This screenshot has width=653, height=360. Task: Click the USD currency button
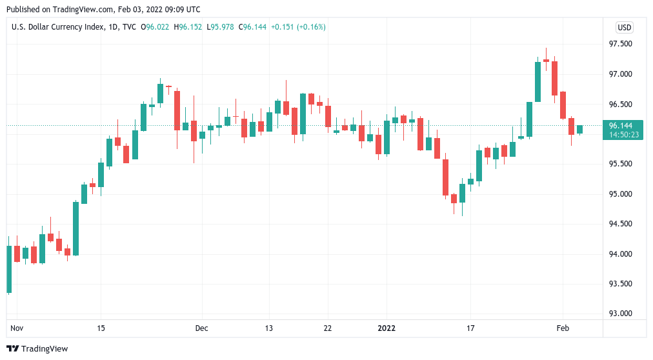624,27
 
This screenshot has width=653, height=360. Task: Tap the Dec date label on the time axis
201,328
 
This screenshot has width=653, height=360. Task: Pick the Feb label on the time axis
563,328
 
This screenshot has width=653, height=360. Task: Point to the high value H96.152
190,27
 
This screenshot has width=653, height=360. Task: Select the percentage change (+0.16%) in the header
311,27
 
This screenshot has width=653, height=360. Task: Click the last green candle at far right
579,129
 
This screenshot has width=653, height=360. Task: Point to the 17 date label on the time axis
470,328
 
